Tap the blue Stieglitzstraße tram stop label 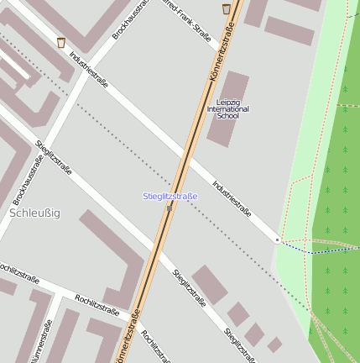pyautogui.click(x=170, y=197)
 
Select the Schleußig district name pyautogui.click(x=34, y=213)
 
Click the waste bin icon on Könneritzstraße pyautogui.click(x=227, y=9)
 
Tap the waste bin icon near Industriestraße pyautogui.click(x=60, y=42)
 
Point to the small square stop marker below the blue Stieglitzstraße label pyautogui.click(x=170, y=208)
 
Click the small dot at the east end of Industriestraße pyautogui.click(x=277, y=240)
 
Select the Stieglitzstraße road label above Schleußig pyautogui.click(x=54, y=158)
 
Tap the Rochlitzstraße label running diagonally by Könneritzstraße pyautogui.click(x=158, y=347)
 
